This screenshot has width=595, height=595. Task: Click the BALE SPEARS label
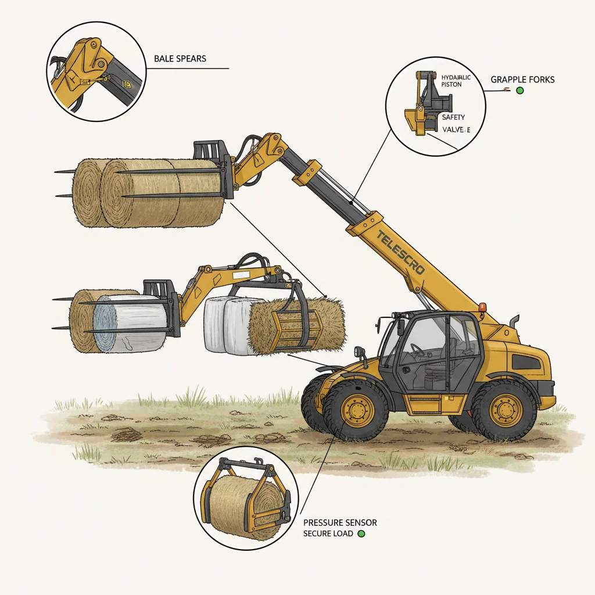tap(180, 59)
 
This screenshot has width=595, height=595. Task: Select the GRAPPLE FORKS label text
tap(522, 79)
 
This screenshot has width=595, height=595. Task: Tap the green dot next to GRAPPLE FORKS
tap(519, 91)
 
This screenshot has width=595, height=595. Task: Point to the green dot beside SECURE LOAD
tap(361, 533)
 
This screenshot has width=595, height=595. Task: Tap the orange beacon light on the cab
tap(482, 307)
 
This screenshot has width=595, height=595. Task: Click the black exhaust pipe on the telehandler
tap(514, 321)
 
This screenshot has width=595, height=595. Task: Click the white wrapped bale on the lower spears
tap(130, 323)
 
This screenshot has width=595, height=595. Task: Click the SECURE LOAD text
tap(328, 533)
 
